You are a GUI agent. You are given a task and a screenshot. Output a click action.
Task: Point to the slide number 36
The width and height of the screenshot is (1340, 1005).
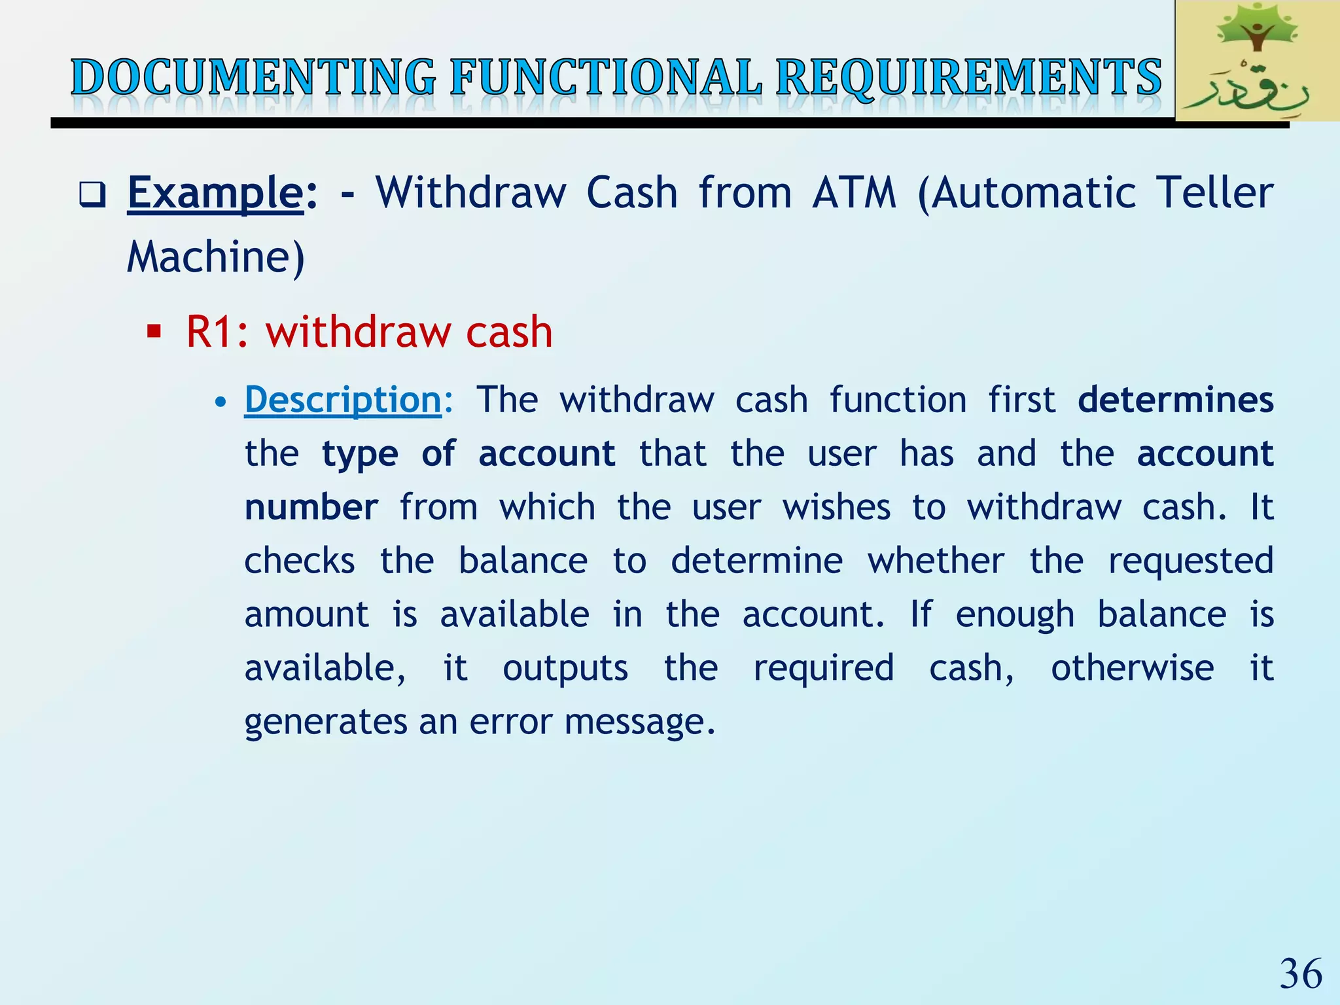coord(1301,974)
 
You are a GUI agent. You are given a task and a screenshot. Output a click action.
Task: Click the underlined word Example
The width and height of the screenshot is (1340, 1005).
coord(215,194)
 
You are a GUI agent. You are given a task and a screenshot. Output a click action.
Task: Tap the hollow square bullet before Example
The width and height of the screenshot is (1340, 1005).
coord(92,194)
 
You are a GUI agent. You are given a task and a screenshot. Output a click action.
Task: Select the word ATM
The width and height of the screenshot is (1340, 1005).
coord(854,194)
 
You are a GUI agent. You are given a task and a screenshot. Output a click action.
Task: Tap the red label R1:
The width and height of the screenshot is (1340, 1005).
coord(217,332)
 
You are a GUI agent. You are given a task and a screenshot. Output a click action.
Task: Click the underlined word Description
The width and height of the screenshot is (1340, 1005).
coord(343,400)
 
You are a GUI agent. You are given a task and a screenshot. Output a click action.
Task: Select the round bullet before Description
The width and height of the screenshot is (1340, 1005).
coord(221,401)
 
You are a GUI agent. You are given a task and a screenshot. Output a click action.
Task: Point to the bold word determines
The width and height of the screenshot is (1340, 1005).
coord(1175,400)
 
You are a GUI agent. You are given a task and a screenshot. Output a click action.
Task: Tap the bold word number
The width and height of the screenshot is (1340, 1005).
coord(311,508)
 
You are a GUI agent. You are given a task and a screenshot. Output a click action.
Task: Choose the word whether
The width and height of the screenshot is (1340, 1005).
coord(936,561)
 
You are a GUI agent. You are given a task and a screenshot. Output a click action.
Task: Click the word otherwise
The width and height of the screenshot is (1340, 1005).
coord(1133,668)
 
